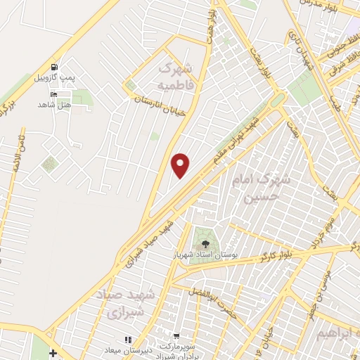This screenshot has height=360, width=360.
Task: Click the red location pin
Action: (x=181, y=165)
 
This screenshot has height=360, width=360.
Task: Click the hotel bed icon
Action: (x=54, y=94)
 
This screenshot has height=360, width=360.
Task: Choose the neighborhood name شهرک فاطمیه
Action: (x=175, y=77)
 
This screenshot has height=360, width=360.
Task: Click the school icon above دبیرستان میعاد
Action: (x=128, y=340)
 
